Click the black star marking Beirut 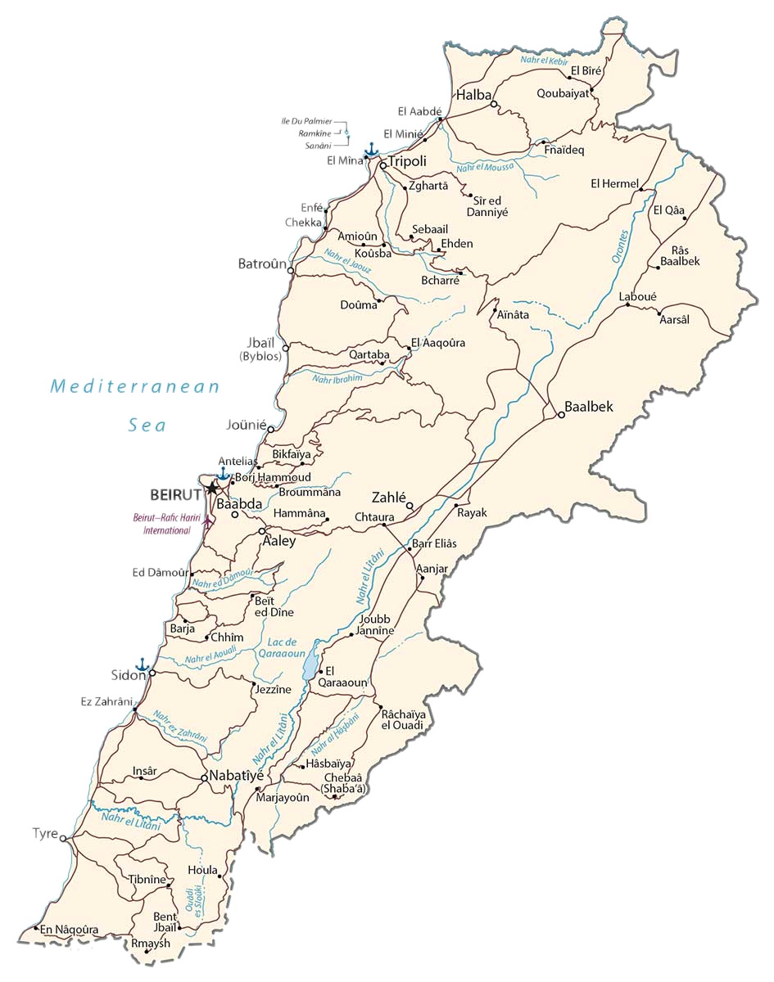[212, 489]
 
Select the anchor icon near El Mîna [371, 149]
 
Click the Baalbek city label [588, 407]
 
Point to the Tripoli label [408, 160]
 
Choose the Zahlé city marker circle [410, 505]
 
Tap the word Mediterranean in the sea [135, 386]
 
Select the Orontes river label [620, 245]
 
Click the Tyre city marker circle [63, 837]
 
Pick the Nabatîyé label [237, 775]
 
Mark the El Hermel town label [613, 183]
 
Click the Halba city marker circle [494, 105]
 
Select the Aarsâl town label [674, 319]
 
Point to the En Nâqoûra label [70, 929]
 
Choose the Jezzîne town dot [254, 684]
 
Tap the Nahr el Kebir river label [546, 60]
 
